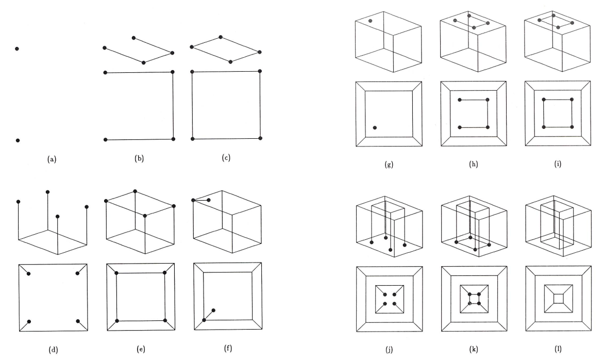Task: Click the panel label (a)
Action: coord(51,159)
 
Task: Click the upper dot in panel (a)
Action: coord(18,48)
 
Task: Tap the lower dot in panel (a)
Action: coord(18,140)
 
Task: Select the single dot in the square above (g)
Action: coord(375,127)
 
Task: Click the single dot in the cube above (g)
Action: coord(370,21)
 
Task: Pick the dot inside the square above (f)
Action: coord(213,310)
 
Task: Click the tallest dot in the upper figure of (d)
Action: coord(48,191)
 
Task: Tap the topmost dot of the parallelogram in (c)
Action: coord(221,37)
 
